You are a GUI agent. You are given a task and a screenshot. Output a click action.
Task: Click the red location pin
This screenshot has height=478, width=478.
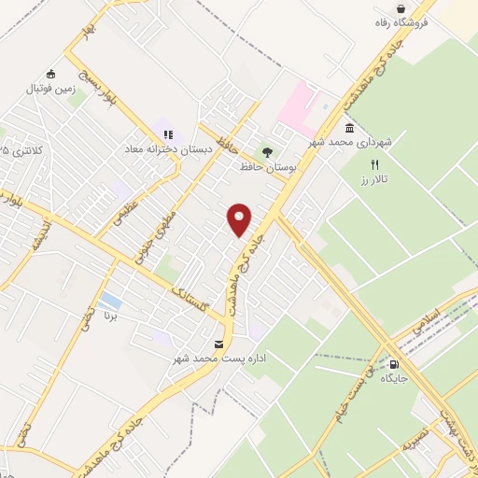pos(241,220)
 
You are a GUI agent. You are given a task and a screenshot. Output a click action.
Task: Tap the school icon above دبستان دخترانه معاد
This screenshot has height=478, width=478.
pos(169,134)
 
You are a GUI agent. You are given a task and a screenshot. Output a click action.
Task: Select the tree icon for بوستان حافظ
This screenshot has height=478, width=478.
pos(267,151)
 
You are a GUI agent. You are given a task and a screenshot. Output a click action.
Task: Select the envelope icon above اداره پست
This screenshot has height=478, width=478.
pos(218,344)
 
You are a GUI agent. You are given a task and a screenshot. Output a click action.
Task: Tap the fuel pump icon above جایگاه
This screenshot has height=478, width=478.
pos(393,365)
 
